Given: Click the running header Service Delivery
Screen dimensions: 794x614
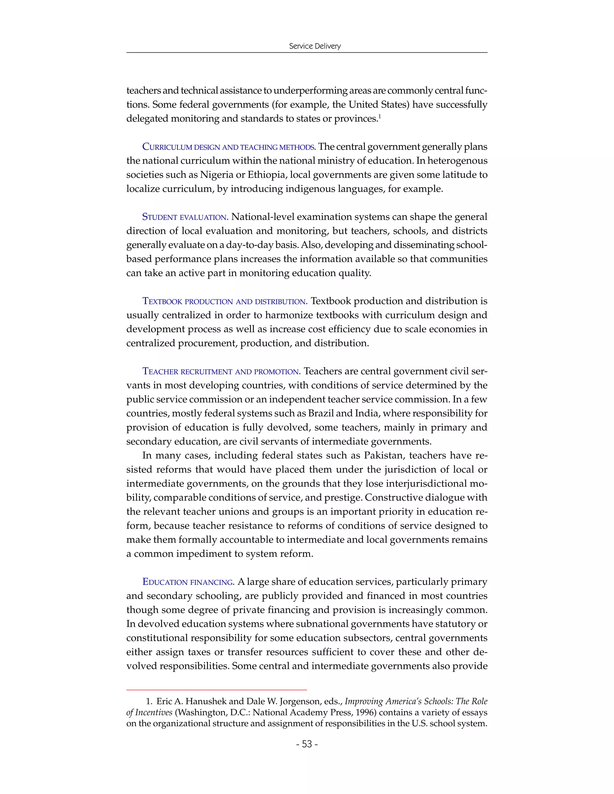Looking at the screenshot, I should click(314, 46).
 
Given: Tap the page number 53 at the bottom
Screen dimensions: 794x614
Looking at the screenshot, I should click(307, 744).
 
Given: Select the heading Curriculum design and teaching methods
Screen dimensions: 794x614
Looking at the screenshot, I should click(229, 147).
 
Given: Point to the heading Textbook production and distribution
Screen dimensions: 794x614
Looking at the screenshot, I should click(225, 301).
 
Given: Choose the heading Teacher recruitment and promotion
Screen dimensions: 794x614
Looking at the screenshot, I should click(221, 372).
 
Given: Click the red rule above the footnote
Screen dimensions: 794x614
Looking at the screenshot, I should click(216, 690).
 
